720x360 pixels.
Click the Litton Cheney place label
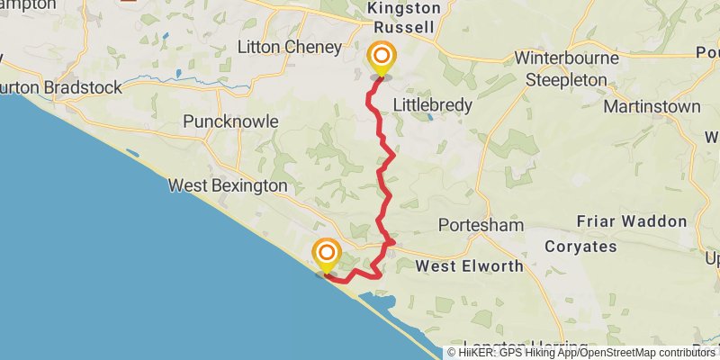coord(289,47)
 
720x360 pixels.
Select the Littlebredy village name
coord(433,105)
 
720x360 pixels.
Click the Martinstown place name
coord(652,106)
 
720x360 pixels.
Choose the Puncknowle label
coord(230,121)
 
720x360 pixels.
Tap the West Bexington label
coord(228,185)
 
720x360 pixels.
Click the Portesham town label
coord(480,224)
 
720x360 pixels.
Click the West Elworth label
coord(470,266)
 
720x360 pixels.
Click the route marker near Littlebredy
coord(381,57)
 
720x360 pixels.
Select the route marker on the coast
coord(326,254)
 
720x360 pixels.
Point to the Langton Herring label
coord(513,346)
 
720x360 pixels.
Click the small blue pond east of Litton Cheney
coord(178,73)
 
